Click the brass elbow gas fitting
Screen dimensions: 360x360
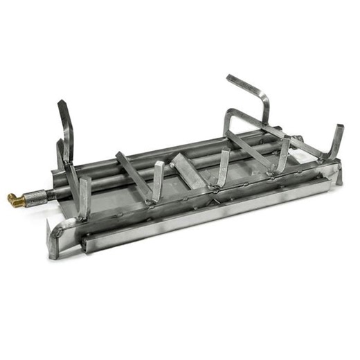coord(15,201)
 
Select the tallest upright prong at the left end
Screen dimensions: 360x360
coord(65,128)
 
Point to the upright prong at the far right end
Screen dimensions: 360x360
coord(336,142)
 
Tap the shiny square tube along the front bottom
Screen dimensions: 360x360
coord(208,215)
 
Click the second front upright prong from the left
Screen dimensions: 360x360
coord(158,181)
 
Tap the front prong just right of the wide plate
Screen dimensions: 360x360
coord(223,166)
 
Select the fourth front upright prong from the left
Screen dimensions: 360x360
coord(282,154)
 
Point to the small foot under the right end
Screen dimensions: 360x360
coord(339,176)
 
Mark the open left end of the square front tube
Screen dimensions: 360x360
coord(84,242)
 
